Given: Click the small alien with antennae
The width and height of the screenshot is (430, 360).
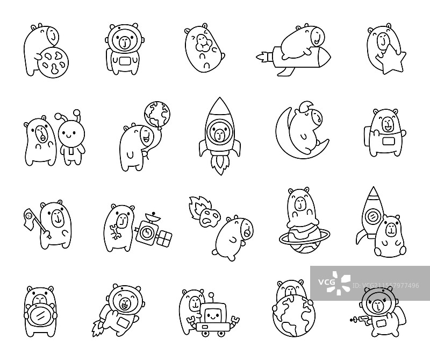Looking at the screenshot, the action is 70,138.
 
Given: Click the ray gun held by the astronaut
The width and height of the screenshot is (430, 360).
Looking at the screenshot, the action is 359,319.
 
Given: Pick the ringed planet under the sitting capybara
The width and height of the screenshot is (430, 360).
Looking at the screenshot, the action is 302,237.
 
